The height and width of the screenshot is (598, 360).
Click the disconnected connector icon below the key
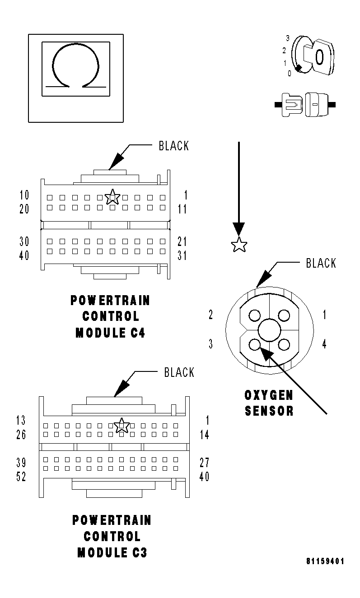(305, 105)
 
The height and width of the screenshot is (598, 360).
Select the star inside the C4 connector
(112, 197)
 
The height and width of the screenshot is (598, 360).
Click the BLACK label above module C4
(173, 146)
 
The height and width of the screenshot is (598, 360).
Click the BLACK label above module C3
(179, 372)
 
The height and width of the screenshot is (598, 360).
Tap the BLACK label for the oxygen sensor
(321, 263)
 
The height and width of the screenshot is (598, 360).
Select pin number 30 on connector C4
(24, 241)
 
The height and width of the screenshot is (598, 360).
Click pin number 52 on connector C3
(21, 477)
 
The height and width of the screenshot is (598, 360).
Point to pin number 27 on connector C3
(204, 463)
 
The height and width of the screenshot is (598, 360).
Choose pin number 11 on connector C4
(182, 209)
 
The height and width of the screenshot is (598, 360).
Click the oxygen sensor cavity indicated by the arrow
(255, 345)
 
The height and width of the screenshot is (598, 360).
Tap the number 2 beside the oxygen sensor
(210, 315)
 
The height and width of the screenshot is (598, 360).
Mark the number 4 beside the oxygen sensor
(324, 344)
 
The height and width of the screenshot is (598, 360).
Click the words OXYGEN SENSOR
(269, 403)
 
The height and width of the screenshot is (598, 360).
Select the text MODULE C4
(110, 333)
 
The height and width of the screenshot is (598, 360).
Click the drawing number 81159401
(325, 561)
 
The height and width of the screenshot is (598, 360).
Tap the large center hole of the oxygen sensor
(270, 330)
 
